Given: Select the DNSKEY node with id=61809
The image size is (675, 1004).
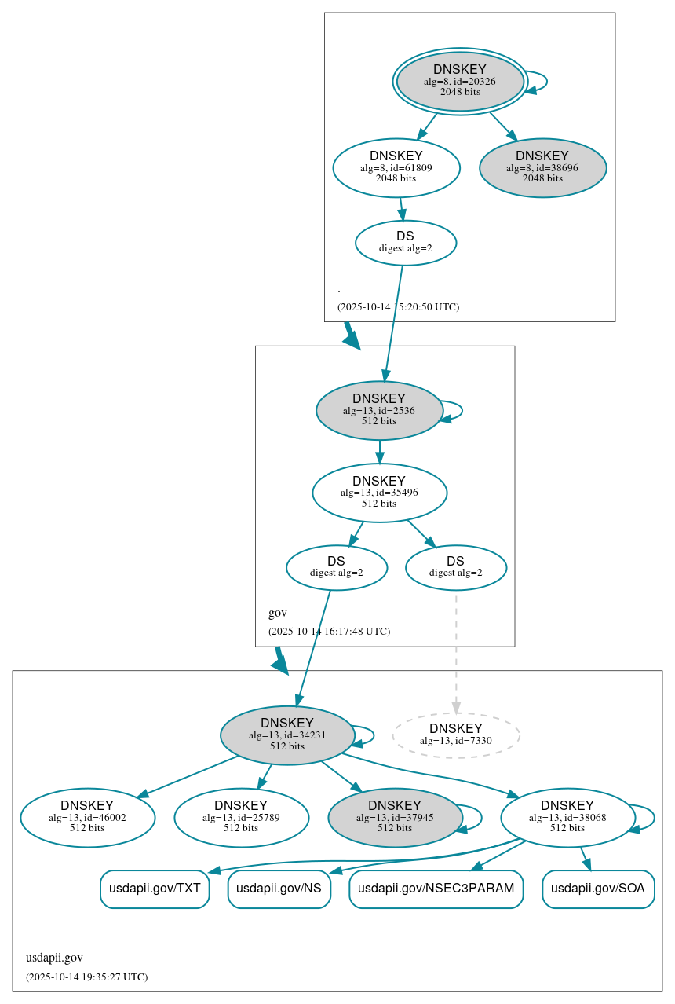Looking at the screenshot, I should (396, 167).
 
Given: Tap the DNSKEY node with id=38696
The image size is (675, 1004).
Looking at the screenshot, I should (542, 167).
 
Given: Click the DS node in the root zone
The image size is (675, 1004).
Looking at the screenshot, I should (406, 243).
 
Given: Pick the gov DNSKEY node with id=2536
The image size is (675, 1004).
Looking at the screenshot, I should (379, 410).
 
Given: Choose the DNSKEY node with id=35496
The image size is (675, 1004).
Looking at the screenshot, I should (379, 493).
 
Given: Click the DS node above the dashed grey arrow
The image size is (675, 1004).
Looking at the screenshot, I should (456, 567).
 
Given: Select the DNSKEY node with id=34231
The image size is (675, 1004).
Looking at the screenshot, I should (287, 735).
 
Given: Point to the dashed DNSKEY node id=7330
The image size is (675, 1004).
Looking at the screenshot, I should (456, 735).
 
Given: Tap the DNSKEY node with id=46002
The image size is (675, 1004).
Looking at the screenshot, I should (87, 818).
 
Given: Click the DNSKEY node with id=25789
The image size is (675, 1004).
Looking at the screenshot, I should (241, 818).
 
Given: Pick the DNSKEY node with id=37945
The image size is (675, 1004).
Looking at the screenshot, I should (395, 818).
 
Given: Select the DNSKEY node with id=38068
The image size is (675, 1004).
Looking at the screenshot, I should (567, 818).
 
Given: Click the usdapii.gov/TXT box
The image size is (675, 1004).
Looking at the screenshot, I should (155, 889).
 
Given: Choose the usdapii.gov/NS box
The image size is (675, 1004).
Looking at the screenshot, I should (279, 889).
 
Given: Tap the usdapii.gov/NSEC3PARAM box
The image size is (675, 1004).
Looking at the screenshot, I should (436, 889).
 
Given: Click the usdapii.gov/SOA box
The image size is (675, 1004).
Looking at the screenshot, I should (598, 889).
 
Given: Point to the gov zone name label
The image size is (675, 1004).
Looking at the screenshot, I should (278, 613).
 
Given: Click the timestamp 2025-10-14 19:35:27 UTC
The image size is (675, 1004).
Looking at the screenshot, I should (86, 977).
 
